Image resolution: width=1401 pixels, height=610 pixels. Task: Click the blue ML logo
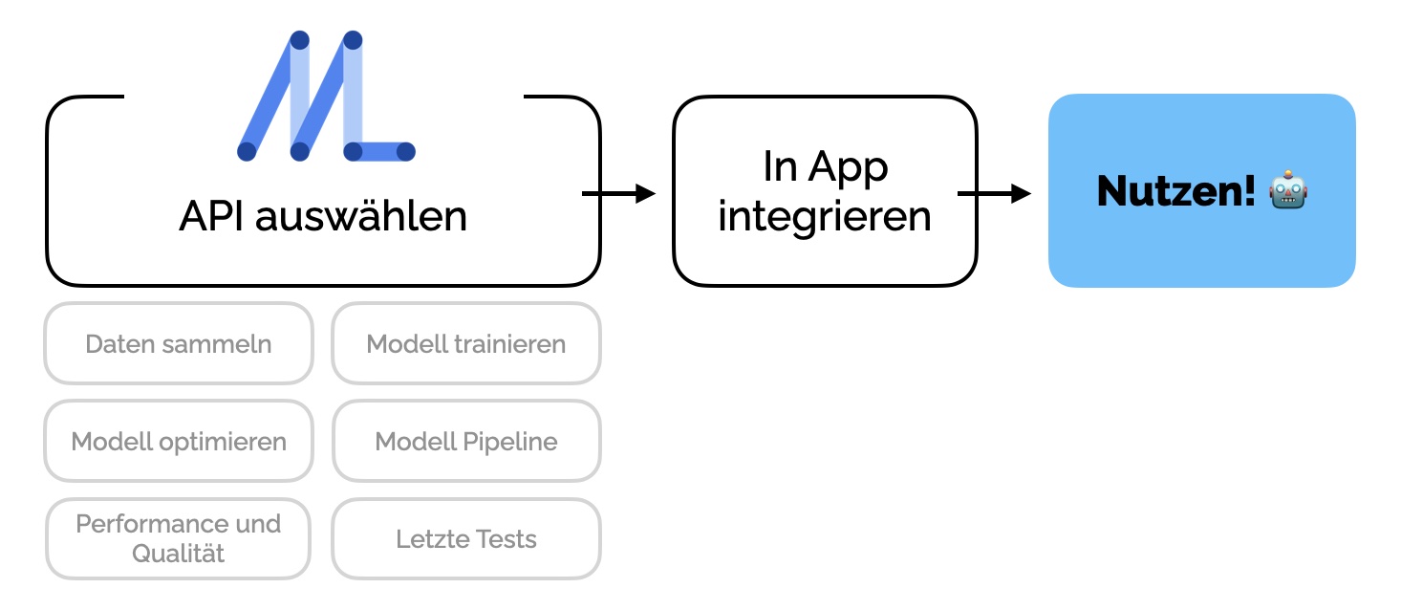tap(326, 96)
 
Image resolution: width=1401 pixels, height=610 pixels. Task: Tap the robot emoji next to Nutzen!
tap(1288, 189)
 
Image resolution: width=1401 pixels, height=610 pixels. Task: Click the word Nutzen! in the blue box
tap(1175, 190)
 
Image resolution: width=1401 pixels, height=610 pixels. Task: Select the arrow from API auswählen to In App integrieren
tap(618, 193)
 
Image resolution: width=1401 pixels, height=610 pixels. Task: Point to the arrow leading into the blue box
tap(995, 193)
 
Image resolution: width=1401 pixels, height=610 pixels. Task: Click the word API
tap(211, 216)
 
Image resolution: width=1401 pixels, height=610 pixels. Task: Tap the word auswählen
tap(361, 216)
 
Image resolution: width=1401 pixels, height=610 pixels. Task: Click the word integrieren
tap(825, 217)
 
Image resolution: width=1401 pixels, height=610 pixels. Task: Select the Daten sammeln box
tap(179, 343)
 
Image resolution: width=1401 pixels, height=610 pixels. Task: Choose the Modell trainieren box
tap(466, 343)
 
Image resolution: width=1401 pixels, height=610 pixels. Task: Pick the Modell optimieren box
tap(179, 441)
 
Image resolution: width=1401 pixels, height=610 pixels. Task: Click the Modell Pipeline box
tap(466, 441)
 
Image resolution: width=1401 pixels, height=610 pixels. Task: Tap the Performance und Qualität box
tap(179, 538)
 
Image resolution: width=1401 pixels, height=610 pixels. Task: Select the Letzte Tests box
tap(466, 538)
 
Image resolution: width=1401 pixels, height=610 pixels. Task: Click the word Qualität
tap(179, 554)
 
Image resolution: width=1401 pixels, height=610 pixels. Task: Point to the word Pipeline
tap(509, 442)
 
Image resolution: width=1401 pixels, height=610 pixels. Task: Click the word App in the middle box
tap(848, 168)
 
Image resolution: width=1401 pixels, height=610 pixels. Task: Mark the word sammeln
tap(216, 344)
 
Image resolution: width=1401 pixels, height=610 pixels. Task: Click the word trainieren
tap(509, 344)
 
